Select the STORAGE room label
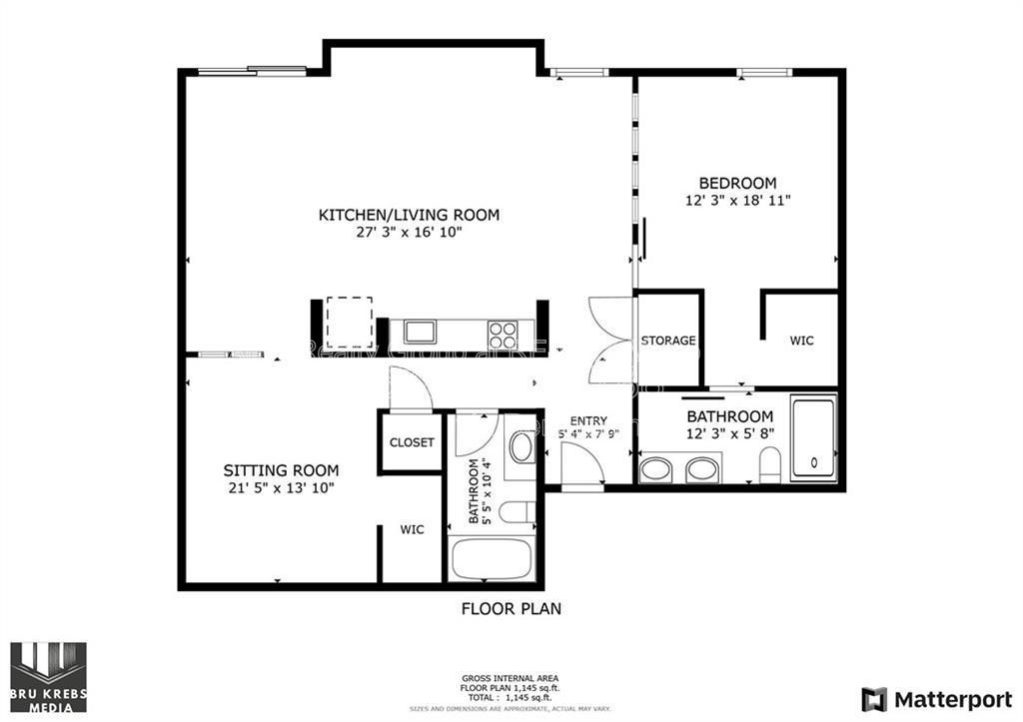[668, 341]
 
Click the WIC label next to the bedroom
[801, 341]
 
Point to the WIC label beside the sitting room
[412, 529]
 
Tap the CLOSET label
[412, 442]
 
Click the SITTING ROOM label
[280, 470]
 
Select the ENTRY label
[588, 420]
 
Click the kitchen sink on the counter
[420, 332]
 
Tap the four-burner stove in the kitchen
[503, 332]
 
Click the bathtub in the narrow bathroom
[491, 558]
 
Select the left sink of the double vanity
[656, 468]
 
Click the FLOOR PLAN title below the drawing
[511, 608]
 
